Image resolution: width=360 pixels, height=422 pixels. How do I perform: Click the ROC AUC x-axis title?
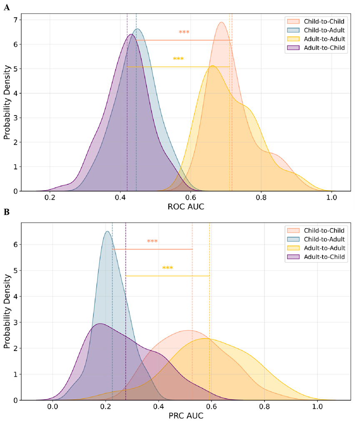(186, 206)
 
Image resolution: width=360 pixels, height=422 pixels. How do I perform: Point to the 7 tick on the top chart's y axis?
(15, 20)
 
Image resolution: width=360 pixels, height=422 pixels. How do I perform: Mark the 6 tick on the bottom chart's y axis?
(15, 244)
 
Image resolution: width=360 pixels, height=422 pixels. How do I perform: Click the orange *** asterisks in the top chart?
(184, 33)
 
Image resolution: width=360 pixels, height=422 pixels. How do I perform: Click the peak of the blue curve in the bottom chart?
(107, 231)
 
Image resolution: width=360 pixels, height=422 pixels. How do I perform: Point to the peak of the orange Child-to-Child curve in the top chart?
(222, 23)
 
